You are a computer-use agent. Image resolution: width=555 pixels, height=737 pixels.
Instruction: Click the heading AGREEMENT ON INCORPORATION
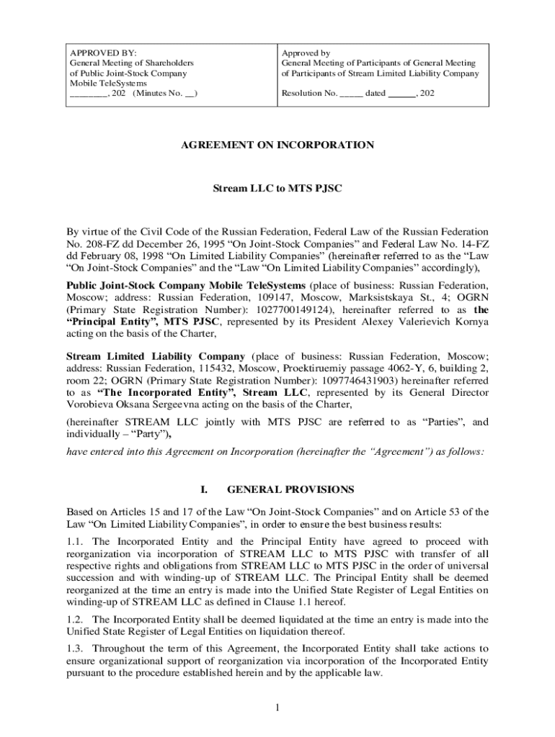(277, 145)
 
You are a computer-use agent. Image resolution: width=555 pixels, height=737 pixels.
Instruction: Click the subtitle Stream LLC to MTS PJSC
(277, 189)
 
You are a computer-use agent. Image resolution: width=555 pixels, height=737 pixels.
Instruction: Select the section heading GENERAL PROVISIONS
(290, 489)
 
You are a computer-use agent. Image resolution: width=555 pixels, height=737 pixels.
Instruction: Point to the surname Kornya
(470, 322)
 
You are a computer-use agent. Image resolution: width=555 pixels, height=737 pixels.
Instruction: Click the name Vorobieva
(91, 405)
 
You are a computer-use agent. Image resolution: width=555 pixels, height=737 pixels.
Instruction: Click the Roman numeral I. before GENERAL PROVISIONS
(204, 489)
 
